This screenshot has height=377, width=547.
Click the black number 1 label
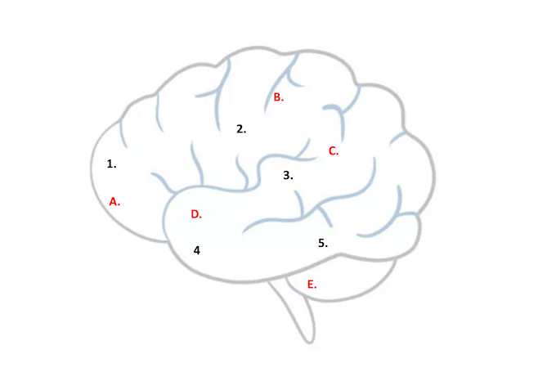[111, 164]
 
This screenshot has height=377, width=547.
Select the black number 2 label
[240, 128]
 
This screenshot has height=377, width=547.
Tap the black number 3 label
[287, 175]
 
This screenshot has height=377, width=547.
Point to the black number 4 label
[196, 249]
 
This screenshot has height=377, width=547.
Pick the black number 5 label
[322, 243]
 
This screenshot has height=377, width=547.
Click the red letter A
[114, 201]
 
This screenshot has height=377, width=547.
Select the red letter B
[278, 97]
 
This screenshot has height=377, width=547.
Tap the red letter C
[333, 150]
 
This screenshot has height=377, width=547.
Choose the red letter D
[195, 214]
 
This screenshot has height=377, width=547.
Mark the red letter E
[312, 285]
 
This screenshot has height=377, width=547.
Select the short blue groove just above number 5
[325, 218]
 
